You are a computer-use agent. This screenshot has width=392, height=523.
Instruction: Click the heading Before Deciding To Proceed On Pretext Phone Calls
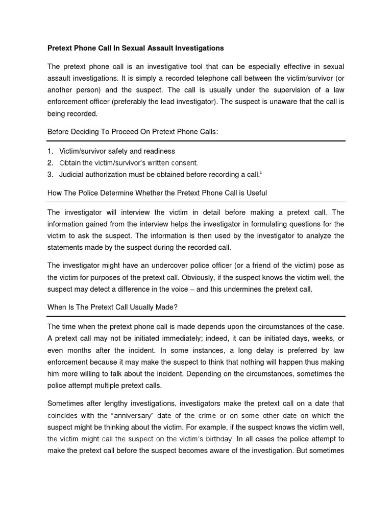[x=132, y=132]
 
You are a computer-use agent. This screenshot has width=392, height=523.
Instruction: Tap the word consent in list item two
[x=184, y=163]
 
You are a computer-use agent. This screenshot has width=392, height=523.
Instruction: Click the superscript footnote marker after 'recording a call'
[x=261, y=173]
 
